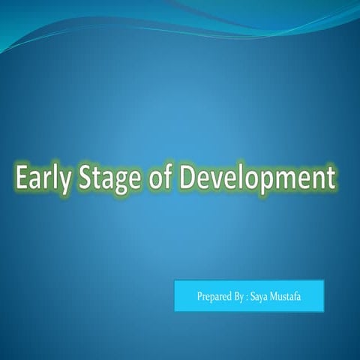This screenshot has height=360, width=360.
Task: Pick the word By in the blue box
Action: tap(241, 297)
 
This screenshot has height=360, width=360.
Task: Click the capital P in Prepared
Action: tap(199, 297)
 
